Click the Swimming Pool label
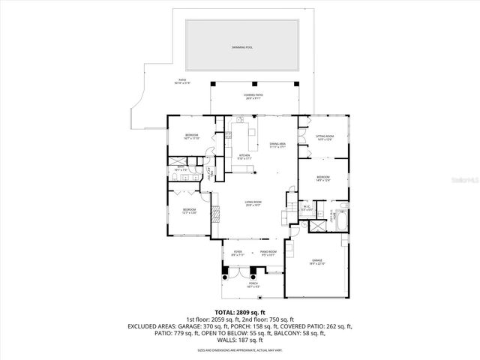pos(239,46)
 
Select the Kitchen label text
pos(244,156)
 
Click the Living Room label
pos(253,202)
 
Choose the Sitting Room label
pos(325,137)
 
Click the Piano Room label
pos(268,253)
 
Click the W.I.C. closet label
pos(306,208)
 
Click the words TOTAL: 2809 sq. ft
pos(240,311)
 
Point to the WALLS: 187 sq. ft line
pos(240,340)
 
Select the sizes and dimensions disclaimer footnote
pos(240,350)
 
